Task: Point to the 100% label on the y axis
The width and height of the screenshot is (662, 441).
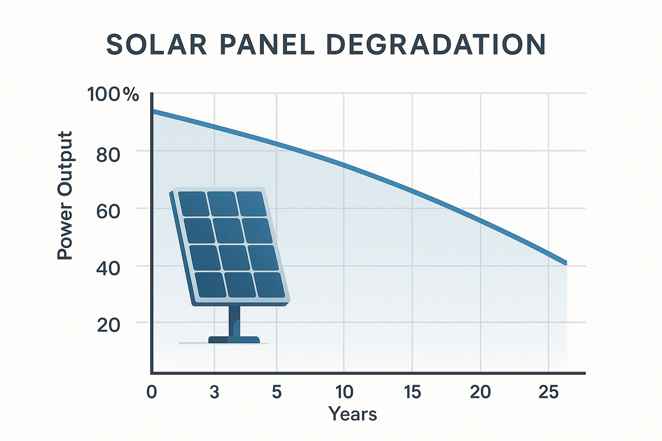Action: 113,95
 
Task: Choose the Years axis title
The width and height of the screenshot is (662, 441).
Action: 353,413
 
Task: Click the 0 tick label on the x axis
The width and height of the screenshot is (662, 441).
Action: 152,392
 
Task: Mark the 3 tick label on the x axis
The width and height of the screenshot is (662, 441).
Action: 215,392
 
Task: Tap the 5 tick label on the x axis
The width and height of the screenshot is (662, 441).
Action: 276,392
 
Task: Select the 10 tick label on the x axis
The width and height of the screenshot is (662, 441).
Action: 343,392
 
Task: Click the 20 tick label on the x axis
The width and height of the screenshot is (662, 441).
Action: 481,392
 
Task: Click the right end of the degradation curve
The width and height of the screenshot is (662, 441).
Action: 565,263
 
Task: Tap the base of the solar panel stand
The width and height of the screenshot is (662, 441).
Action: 234,340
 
